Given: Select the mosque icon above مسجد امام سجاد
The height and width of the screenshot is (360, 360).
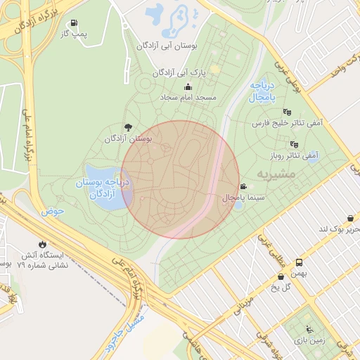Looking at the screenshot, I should tap(188, 86).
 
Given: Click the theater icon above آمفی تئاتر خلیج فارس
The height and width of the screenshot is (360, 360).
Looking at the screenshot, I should tap(286, 112).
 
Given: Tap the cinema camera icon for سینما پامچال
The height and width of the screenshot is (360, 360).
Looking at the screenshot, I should tap(243, 187).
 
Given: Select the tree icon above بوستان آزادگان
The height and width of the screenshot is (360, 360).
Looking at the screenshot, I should tap(127, 127).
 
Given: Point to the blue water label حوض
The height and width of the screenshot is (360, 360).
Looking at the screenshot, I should tap(52, 210).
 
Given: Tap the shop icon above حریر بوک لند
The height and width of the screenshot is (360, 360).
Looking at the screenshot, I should tap(350, 219).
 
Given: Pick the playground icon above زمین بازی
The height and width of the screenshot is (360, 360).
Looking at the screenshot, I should tap(309, 328).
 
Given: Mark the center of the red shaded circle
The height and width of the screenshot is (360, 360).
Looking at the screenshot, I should tap(180, 179).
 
